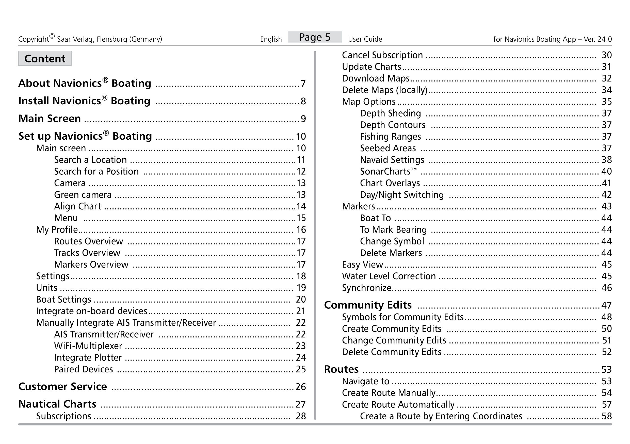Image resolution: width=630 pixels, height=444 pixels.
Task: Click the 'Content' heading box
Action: (45, 58)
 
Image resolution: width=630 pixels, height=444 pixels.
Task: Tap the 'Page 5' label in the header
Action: (315, 37)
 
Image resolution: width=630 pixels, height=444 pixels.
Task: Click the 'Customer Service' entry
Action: (62, 386)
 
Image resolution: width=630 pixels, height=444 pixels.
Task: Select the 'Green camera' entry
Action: (83, 195)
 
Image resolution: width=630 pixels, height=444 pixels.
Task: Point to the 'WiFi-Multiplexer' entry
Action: (88, 346)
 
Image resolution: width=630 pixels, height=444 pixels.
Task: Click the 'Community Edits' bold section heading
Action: (368, 305)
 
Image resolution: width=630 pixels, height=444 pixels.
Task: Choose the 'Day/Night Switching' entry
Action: (402, 195)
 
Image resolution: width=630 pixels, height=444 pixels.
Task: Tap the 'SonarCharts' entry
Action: (388, 171)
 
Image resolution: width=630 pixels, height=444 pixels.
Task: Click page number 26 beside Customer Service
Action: (300, 387)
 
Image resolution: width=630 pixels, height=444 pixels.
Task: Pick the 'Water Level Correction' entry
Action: (389, 276)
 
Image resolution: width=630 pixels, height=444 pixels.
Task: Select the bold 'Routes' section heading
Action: (341, 369)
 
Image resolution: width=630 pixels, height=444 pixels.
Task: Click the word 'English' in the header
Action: (271, 39)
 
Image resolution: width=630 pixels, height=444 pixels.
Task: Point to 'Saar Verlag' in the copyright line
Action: (74, 39)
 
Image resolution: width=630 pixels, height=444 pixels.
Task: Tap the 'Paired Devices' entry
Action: (83, 369)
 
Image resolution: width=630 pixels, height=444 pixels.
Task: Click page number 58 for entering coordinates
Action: (606, 416)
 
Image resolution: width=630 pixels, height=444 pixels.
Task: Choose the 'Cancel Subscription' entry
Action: (382, 55)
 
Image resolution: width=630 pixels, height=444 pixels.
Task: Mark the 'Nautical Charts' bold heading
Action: (57, 404)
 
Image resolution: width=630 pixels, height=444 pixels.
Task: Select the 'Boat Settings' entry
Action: (63, 300)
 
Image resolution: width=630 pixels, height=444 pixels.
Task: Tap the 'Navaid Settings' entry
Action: (392, 160)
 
